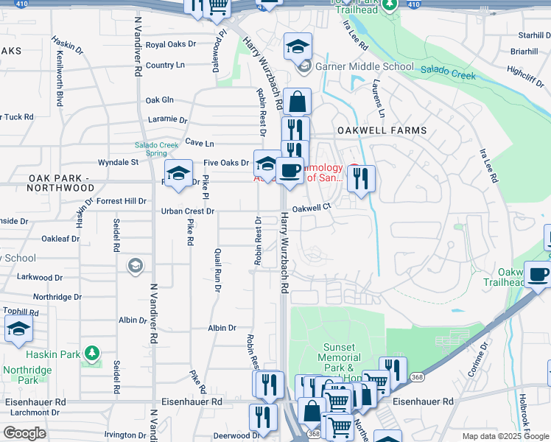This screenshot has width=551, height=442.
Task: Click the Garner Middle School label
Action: (365, 66)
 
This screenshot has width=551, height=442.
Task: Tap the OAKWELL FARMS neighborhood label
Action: (382, 130)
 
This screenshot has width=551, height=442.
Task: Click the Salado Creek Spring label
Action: (156, 149)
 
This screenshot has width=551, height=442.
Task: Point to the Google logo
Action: (24, 433)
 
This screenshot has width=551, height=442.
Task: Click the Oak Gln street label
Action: (160, 100)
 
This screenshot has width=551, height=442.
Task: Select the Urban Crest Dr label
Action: (188, 211)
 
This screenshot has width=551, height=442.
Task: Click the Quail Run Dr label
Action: (217, 270)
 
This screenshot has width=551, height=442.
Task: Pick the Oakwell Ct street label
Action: (309, 208)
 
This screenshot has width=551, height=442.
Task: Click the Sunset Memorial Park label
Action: (339, 357)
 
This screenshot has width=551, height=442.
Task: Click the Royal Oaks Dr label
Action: (171, 44)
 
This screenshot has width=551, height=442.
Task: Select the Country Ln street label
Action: (165, 65)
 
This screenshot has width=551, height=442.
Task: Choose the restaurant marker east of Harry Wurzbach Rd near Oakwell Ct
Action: (361, 179)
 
